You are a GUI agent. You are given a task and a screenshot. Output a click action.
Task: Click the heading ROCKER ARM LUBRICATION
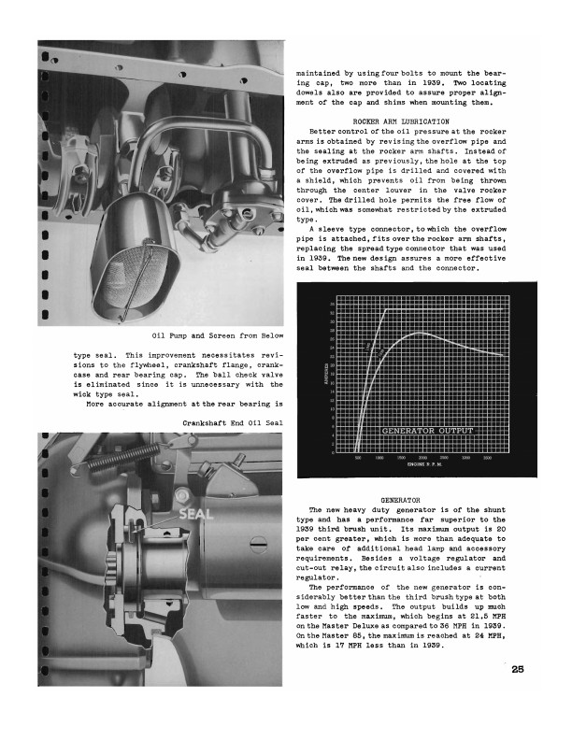pos(402,122)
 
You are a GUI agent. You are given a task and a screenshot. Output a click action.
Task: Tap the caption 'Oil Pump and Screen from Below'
pos(216,336)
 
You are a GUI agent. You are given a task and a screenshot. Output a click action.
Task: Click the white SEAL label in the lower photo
pos(195,514)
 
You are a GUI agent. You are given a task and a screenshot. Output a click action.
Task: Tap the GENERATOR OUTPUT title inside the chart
pos(429,431)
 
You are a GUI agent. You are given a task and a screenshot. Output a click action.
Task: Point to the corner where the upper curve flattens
pos(387,309)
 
